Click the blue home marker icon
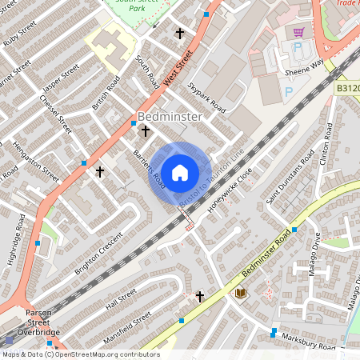180,172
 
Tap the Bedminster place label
170,116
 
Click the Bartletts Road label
149,164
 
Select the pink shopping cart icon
298,32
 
